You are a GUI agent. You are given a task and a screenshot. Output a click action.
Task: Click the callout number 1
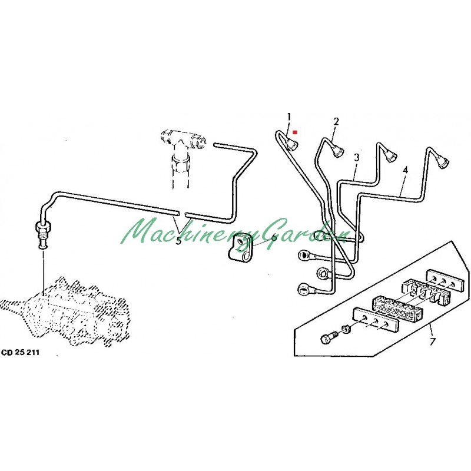click(x=289, y=116)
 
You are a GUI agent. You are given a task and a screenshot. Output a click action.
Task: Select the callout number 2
click(x=336, y=122)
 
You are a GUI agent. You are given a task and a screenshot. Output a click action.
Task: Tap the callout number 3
click(x=357, y=157)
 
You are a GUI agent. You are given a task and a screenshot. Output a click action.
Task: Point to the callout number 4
click(x=405, y=170)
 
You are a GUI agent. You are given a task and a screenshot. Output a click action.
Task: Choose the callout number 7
click(x=432, y=341)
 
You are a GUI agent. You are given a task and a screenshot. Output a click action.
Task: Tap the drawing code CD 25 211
click(x=21, y=352)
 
